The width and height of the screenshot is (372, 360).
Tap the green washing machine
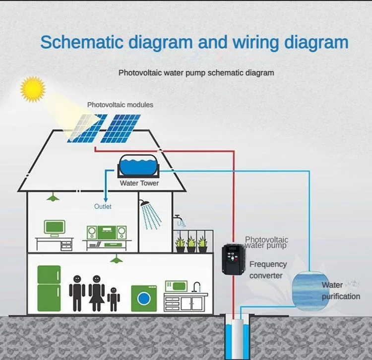[143, 298]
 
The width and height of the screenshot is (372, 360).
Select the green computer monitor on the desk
[54, 228]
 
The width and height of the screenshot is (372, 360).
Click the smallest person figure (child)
[114, 299]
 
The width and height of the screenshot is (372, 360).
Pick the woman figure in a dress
[96, 293]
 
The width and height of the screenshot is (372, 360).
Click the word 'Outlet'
[103, 206]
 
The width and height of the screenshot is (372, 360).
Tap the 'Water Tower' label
[139, 183]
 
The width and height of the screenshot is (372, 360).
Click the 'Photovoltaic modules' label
[120, 105]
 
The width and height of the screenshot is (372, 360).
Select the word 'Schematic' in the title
[82, 42]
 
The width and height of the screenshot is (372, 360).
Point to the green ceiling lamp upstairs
[52, 198]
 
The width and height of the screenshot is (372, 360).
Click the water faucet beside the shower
[178, 218]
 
